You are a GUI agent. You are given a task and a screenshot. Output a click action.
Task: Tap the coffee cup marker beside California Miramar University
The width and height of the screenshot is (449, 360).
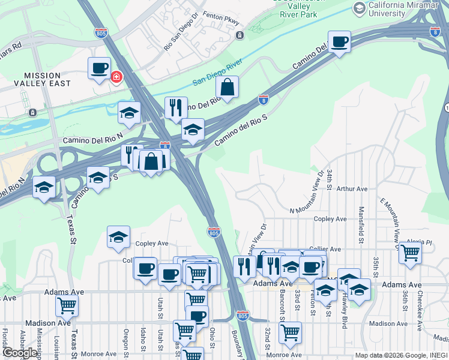pos(339,42)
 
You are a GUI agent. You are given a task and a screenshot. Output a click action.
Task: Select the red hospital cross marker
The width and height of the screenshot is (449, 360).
pos(115,77)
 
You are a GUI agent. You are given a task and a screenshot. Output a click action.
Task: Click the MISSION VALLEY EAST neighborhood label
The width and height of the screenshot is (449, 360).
pos(47,79)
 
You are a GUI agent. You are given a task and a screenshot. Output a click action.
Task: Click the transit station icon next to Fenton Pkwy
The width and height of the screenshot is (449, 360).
pos(240,35)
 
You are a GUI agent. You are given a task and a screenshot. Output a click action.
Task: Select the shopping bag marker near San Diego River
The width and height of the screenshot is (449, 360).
pos(228,87)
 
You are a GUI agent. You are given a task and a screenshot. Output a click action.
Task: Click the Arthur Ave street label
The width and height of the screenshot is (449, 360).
pos(352,189)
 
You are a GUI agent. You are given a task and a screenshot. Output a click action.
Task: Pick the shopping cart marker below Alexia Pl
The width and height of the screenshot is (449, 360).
pos(410,253)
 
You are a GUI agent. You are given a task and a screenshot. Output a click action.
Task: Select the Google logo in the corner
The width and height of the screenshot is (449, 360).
pos(20,352)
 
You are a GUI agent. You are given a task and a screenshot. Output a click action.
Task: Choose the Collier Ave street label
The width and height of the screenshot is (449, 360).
pos(325,249)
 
